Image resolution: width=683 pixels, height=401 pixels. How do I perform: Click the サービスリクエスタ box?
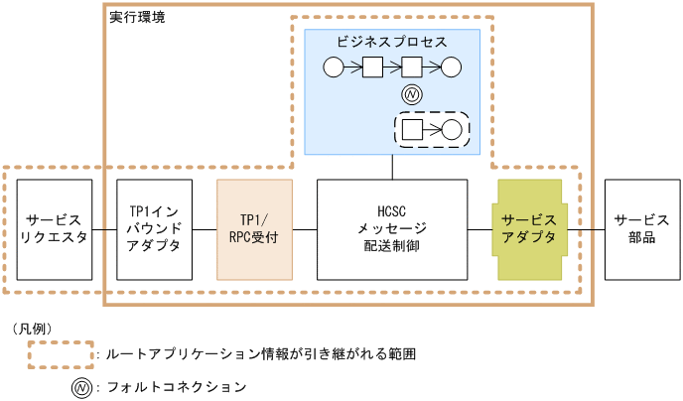55,229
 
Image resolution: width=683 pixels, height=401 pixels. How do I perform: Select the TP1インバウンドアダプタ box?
154,229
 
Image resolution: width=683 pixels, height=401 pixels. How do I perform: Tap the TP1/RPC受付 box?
254,229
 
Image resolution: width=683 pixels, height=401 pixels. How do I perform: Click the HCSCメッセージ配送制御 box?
391,229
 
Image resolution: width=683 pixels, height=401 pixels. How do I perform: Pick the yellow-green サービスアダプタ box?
529,229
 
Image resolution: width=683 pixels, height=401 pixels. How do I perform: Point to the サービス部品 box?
641,229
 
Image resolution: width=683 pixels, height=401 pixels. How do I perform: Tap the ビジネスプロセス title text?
391,43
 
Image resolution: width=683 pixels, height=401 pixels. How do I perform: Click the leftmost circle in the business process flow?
333,67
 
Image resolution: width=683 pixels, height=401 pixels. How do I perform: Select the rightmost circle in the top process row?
452,67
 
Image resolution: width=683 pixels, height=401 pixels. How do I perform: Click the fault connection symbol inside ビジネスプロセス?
412,95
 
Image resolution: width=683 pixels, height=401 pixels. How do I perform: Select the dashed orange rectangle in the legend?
62,353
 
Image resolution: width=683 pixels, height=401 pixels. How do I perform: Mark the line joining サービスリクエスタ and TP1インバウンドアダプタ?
104,229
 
